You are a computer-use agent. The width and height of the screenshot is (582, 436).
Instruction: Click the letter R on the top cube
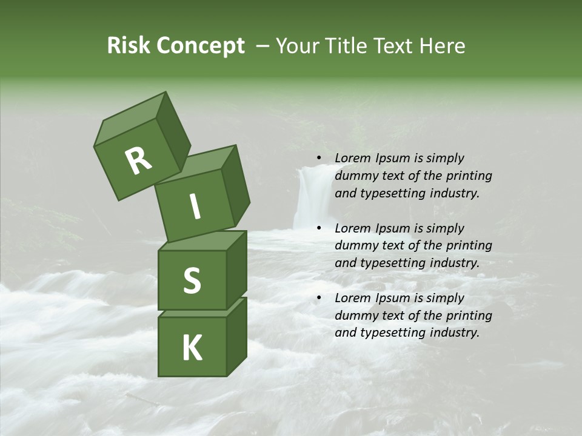[138, 160]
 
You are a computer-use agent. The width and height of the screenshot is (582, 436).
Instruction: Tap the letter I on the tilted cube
[195, 207]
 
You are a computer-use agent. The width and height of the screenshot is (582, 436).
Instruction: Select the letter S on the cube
[192, 281]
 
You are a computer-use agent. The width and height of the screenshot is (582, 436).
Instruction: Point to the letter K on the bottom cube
[192, 348]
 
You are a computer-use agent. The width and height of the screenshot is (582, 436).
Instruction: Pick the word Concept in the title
[200, 46]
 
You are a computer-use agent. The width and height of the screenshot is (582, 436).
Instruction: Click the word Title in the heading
[347, 46]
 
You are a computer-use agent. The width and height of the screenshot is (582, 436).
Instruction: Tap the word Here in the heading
[440, 46]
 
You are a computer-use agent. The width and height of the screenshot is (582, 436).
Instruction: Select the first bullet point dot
[319, 158]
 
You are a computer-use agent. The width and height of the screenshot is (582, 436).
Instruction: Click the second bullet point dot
[319, 228]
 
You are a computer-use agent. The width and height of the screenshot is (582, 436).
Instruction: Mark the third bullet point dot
[319, 298]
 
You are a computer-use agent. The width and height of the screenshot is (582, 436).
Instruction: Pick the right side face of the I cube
[235, 185]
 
